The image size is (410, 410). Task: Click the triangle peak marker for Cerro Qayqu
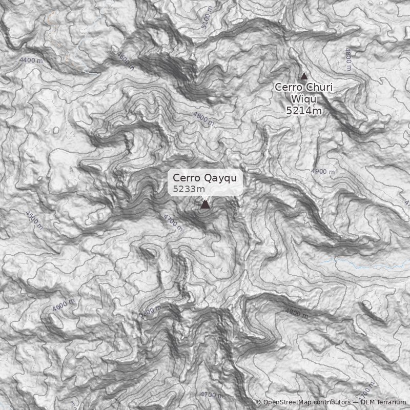tap(205, 204)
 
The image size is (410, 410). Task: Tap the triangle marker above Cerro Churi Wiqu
tap(304, 76)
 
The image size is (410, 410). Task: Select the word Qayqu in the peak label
tap(221, 178)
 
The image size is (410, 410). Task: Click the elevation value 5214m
tap(304, 110)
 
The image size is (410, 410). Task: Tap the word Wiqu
tap(304, 98)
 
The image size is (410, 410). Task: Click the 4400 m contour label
tap(31, 60)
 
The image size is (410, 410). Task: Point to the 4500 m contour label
tap(34, 219)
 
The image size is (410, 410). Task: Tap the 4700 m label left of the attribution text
tap(212, 395)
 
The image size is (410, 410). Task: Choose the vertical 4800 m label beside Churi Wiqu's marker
tap(348, 59)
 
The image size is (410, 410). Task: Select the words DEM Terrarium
tap(383, 402)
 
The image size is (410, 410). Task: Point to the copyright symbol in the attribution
tap(258, 402)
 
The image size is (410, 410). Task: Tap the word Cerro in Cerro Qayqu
tap(187, 178)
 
